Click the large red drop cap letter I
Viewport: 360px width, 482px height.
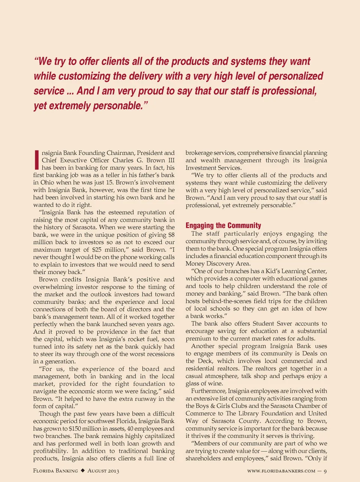point(37,160)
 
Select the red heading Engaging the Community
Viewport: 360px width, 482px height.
point(223,225)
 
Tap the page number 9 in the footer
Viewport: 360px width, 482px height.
point(325,471)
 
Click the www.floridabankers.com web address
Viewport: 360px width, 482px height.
point(281,471)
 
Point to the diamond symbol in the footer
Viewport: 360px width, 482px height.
point(82,471)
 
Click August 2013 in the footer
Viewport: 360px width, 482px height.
point(103,471)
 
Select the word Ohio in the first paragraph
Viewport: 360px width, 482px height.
point(41,182)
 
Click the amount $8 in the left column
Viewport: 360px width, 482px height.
point(171,235)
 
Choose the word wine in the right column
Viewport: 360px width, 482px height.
point(215,383)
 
